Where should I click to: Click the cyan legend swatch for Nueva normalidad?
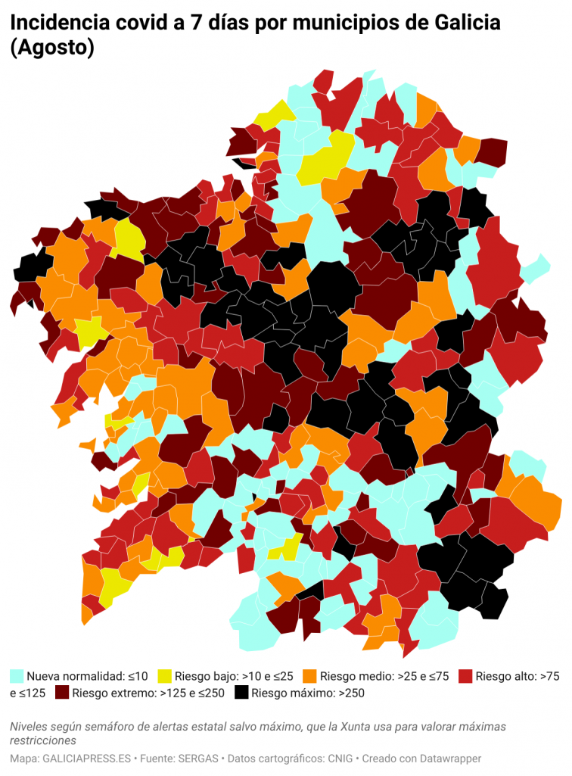17,675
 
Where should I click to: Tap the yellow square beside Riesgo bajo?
165,675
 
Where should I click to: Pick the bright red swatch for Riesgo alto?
465,675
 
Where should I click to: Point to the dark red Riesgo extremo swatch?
61,693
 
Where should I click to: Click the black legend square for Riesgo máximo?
241,693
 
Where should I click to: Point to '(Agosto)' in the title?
51,48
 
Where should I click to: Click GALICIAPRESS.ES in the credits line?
86,758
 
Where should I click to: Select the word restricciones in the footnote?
43,740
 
